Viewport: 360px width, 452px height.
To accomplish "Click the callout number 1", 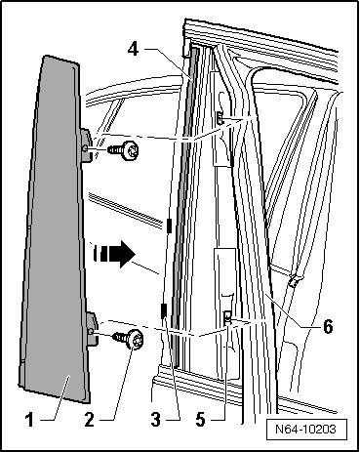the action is click(x=29, y=420).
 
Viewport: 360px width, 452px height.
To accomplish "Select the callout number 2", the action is click(x=89, y=420).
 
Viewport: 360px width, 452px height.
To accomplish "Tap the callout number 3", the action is click(x=155, y=420).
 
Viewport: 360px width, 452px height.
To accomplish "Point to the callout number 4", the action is click(x=134, y=50).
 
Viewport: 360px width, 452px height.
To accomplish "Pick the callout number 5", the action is click(x=200, y=420).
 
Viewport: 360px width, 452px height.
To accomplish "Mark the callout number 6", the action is click(x=328, y=326).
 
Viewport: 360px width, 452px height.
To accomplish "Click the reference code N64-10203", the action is click(x=305, y=429).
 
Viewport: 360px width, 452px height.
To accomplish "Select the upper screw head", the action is click(x=131, y=150).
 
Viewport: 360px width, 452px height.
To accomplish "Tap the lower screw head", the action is click(x=136, y=339).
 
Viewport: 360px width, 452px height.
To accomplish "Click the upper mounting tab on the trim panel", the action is click(x=87, y=145).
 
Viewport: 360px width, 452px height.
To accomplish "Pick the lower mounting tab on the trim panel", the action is click(x=93, y=328).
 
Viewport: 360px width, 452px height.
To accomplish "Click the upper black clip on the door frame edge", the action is click(x=169, y=226).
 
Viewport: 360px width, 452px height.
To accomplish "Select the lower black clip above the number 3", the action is click(x=164, y=310).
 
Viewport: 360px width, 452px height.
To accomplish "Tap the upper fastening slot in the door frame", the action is click(x=220, y=117).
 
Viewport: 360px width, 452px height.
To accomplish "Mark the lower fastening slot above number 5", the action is click(x=227, y=316).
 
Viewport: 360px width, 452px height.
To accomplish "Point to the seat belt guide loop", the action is click(x=294, y=279).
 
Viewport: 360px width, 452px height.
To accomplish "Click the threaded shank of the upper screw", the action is click(x=115, y=149).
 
